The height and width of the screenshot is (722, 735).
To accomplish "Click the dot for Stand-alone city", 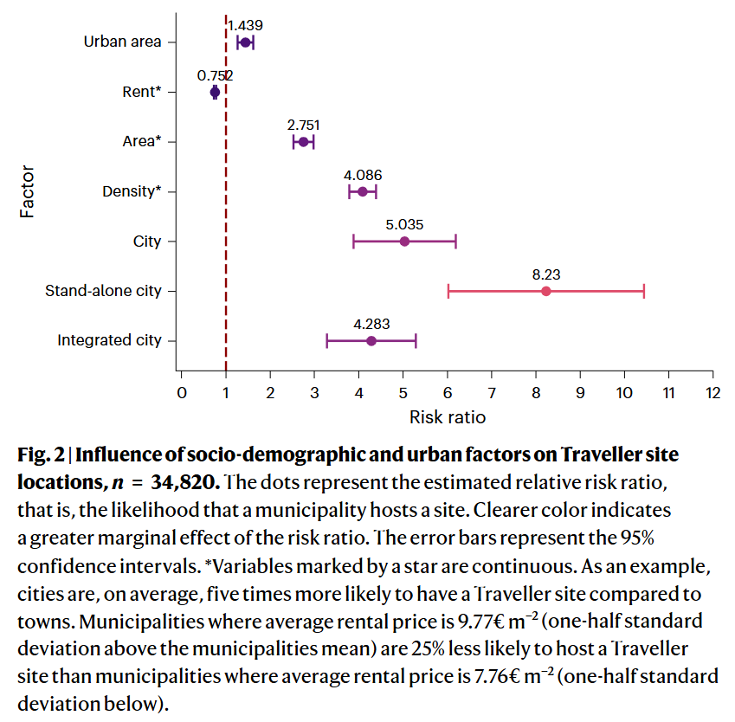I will coord(545,291).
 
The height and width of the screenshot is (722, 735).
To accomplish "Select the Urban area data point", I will coord(245,42).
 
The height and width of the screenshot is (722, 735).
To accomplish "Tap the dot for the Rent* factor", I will coord(215,92).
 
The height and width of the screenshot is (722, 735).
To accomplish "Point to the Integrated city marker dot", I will coord(371,341).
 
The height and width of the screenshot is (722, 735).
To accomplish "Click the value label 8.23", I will coord(545,274).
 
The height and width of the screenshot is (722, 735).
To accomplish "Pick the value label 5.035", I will coord(404,224).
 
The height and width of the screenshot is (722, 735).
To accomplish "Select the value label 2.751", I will coord(303,125).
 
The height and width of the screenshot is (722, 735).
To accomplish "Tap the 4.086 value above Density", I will coord(363,175).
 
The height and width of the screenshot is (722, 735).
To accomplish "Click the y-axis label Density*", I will coord(132,191).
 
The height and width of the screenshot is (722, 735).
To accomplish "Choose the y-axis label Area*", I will coord(142,142).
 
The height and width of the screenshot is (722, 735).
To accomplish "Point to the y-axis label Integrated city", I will coord(109,341).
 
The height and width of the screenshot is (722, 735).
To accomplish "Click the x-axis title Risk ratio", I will coord(447,417).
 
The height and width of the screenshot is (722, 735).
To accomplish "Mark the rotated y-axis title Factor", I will coord(28,191).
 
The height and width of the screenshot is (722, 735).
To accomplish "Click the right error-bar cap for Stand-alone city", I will coord(643,291).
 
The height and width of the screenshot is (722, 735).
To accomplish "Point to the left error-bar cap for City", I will coord(353,242).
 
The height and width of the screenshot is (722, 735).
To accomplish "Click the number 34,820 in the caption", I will coord(173,480).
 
